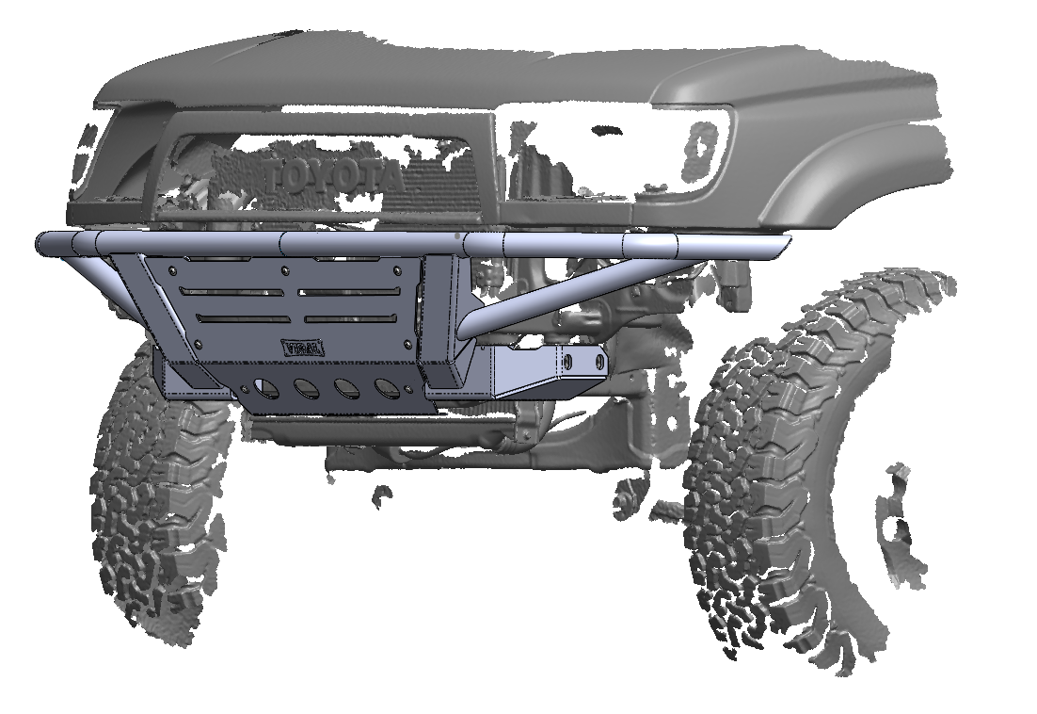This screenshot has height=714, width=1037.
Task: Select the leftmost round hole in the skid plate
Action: tap(267, 388)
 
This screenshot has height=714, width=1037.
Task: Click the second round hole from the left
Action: tap(307, 387)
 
